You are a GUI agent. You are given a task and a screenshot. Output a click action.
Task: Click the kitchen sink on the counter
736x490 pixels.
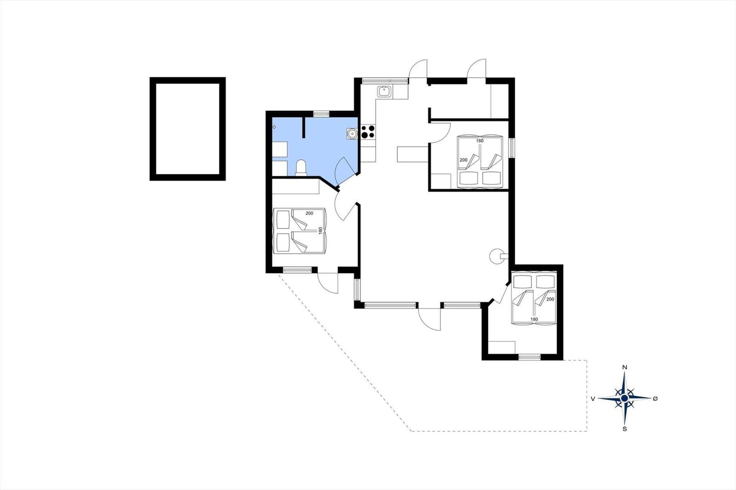[384, 91]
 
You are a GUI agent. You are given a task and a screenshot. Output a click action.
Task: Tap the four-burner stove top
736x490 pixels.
[368, 132]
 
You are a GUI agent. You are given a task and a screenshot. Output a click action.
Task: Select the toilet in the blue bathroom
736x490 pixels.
[301, 167]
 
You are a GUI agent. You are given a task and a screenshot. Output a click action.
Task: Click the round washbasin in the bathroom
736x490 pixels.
[352, 134]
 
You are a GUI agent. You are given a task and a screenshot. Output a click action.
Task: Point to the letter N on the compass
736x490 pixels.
[625, 367]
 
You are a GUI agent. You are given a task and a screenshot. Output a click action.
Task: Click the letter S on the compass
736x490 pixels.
[625, 429]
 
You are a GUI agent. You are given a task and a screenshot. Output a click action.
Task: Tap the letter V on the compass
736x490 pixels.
[593, 399]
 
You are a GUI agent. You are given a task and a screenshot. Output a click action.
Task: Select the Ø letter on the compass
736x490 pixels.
[655, 399]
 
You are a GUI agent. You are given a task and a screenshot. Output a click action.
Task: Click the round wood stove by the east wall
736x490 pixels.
[497, 256]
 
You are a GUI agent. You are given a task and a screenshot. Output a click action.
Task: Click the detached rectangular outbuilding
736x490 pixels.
[188, 129]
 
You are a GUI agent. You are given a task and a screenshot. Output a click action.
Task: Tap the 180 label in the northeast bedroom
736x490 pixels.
[480, 141]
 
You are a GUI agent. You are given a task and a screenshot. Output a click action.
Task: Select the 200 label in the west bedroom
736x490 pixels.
[309, 213]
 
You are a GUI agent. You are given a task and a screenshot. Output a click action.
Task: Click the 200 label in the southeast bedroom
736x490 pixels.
[550, 299]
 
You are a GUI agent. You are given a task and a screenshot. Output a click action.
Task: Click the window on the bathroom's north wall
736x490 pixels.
[321, 113]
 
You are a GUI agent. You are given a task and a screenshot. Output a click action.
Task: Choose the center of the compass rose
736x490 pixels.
[625, 398]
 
